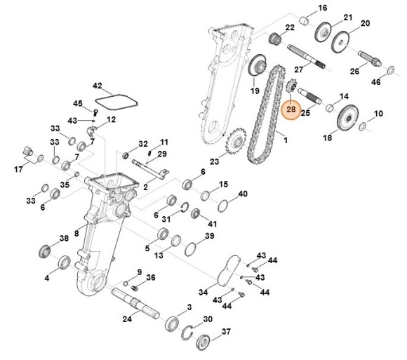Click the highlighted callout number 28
tap(291, 109)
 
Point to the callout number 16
tap(323, 8)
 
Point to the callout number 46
tap(396, 83)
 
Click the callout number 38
tap(64, 239)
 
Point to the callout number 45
tap(78, 103)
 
